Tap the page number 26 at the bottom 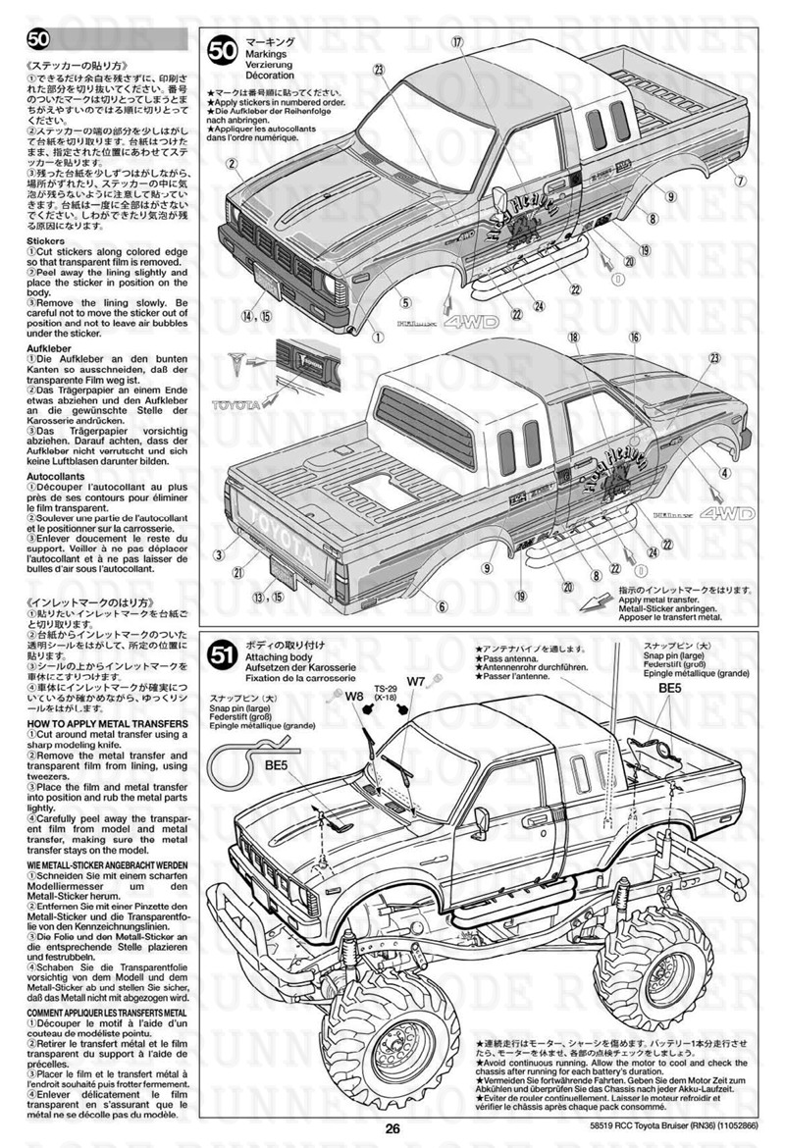(x=392, y=1127)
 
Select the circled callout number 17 (x=456, y=42)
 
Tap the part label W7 (x=415, y=680)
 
